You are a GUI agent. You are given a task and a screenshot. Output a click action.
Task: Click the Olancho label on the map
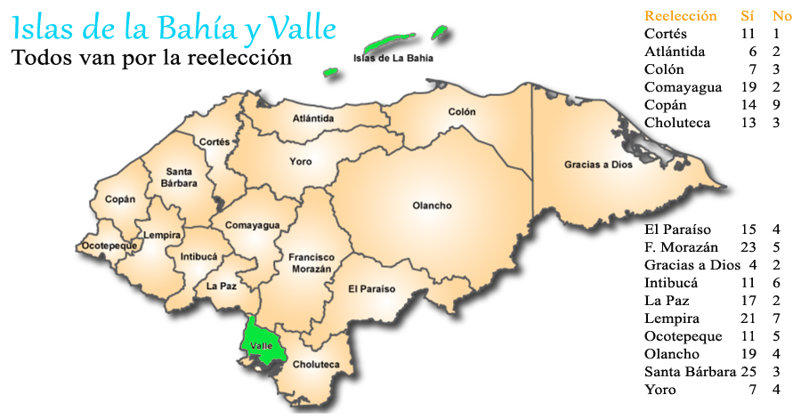[432, 206]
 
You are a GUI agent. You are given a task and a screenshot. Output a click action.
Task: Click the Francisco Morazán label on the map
[311, 262]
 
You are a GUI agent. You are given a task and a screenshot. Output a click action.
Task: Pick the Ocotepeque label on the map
[109, 245]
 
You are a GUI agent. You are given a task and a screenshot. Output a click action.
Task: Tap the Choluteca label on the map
[316, 365]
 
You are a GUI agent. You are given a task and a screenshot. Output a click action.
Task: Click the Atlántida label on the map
[313, 118]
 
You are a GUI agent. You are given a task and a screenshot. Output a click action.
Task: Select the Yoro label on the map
[301, 162]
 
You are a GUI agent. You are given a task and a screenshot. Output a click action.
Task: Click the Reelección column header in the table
[680, 15]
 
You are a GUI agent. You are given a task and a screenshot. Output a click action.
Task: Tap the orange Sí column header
[748, 15]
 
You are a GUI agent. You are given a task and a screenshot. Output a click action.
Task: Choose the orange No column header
[782, 15]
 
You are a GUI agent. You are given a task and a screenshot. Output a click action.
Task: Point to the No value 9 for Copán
[777, 105]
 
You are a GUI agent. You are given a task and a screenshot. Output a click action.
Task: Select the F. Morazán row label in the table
[680, 247]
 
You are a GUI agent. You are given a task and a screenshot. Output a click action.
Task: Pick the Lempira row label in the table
[672, 318]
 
